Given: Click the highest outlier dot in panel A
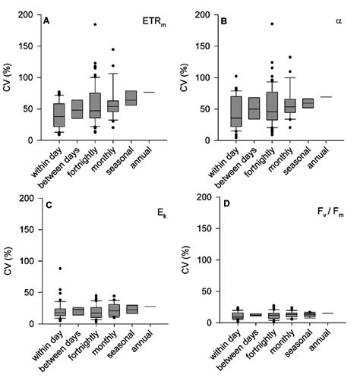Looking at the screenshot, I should point(96,24).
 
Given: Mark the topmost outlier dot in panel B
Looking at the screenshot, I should point(271,24).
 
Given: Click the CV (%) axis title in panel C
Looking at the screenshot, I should point(11,260).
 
